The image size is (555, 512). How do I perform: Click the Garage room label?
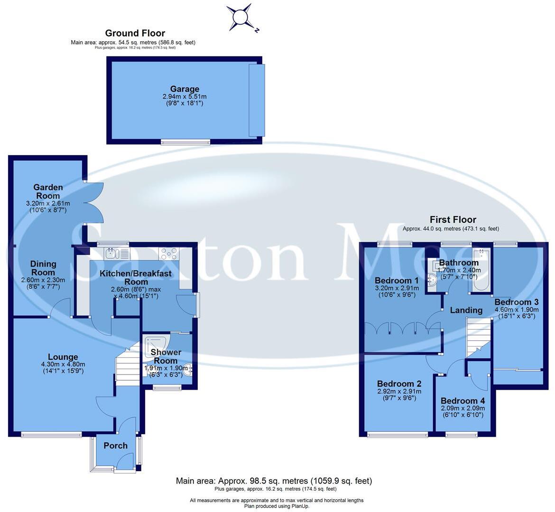(185, 89)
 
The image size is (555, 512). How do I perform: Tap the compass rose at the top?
(240, 18)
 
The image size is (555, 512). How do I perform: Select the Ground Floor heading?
(135, 33)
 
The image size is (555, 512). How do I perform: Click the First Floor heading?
(453, 219)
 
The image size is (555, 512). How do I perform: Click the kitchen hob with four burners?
(168, 253)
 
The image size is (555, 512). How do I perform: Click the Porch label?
(115, 446)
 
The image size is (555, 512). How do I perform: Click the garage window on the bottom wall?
(185, 142)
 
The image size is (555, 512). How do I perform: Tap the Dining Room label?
(43, 268)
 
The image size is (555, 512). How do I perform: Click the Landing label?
(466, 310)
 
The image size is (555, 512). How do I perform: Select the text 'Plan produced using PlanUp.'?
(277, 506)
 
